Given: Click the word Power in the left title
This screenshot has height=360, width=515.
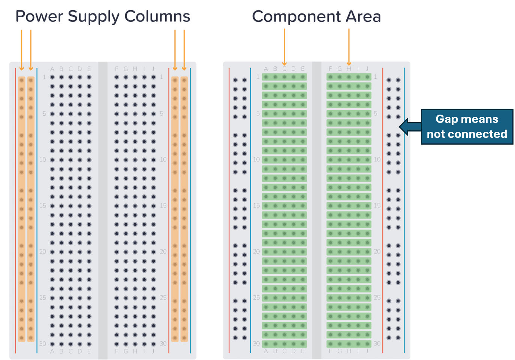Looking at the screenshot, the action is coord(39,16).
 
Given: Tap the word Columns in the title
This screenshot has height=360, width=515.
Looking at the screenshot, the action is coord(157,16).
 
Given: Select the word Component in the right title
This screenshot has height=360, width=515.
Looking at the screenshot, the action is coord(296,16).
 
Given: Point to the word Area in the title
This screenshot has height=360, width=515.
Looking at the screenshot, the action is coord(364,16).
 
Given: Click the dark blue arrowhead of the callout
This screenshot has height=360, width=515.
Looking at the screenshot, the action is coord(404,127).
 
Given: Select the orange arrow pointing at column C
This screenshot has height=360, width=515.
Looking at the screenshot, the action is coord(284,47).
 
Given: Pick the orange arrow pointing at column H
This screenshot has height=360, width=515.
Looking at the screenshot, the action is coord(349,47).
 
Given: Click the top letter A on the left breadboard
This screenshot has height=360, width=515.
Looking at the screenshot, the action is coord(52,69).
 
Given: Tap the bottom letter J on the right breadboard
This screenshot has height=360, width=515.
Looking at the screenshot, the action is coord(367,351).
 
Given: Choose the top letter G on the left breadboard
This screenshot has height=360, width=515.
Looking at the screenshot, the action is coord(126,69).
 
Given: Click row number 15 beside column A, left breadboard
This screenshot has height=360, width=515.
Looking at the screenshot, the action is coord(43,206).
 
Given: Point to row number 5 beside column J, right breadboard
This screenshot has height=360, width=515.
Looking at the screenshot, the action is coord(376,114).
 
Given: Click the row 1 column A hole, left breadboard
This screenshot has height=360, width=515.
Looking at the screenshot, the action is coord(52,77).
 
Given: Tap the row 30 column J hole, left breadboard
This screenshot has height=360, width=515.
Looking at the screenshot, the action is coord(153,344).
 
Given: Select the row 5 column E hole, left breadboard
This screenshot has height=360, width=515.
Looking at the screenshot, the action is coord(89,114).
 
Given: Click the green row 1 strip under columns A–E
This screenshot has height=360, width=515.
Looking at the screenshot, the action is coord(284,77).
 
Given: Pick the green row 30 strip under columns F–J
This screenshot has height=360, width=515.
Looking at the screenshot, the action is coord(349,344).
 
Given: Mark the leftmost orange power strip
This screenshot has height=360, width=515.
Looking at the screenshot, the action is coord(22,209).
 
